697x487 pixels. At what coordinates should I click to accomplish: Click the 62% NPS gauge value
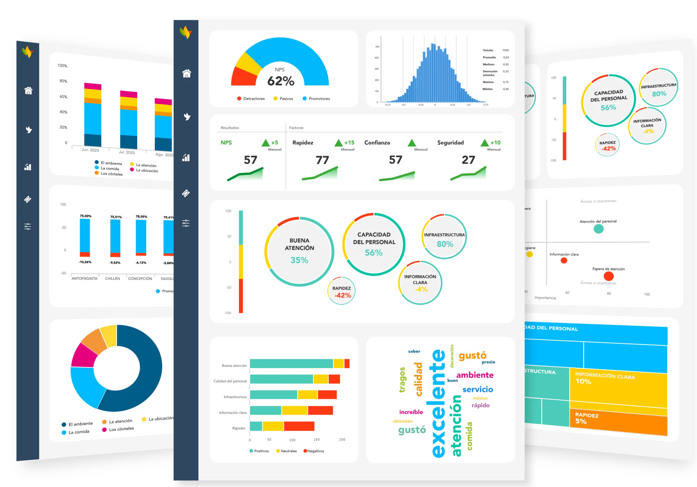(280, 81)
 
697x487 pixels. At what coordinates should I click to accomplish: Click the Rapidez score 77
(322, 160)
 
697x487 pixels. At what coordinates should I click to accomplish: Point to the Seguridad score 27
(468, 160)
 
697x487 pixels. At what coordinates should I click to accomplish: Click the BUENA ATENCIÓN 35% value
(299, 260)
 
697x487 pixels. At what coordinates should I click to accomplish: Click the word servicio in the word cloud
(477, 390)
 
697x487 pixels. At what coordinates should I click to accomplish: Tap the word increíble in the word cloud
(411, 412)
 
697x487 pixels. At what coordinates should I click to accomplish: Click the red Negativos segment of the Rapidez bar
(299, 426)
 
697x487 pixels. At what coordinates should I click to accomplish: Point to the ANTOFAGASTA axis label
(85, 278)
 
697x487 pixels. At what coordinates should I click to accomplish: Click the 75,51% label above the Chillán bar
(116, 217)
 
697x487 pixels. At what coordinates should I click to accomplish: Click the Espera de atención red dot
(609, 276)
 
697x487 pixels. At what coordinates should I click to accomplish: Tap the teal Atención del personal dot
(598, 229)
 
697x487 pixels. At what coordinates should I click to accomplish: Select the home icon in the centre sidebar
(186, 73)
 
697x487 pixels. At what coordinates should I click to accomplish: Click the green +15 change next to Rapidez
(349, 143)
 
